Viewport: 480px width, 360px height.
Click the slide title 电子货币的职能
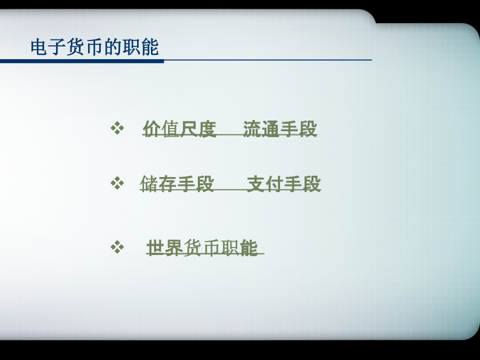click(x=94, y=47)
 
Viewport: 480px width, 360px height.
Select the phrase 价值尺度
click(x=180, y=129)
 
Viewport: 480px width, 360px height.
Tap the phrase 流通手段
click(x=280, y=129)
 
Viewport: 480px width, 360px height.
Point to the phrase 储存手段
click(x=177, y=183)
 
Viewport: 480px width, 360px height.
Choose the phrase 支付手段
click(x=284, y=183)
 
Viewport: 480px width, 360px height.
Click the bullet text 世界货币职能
click(x=202, y=247)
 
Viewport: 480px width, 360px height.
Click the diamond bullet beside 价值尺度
click(x=117, y=128)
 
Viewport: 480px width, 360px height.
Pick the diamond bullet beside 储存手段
click(x=117, y=183)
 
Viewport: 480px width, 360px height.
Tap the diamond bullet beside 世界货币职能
click(x=117, y=247)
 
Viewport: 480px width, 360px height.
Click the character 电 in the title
click(x=39, y=47)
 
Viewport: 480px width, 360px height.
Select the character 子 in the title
click(x=58, y=47)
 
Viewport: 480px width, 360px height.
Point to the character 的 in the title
click(x=113, y=47)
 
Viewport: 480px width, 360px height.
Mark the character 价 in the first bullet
click(x=152, y=129)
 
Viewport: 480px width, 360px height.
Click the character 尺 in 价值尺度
click(x=189, y=129)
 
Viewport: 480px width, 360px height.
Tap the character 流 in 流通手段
click(x=252, y=129)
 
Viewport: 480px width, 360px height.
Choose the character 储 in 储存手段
click(x=149, y=183)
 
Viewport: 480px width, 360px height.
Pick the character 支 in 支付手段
click(x=256, y=183)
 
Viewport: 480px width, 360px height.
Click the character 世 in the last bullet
click(x=156, y=247)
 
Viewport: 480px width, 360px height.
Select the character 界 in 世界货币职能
click(x=174, y=247)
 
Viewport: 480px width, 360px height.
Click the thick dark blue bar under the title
click(x=82, y=61)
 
